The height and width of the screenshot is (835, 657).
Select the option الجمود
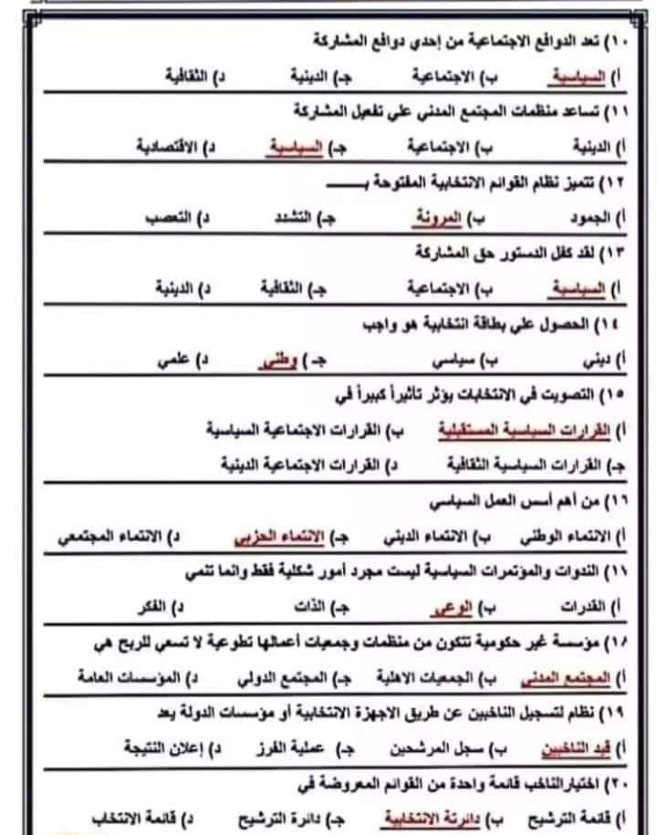579,220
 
